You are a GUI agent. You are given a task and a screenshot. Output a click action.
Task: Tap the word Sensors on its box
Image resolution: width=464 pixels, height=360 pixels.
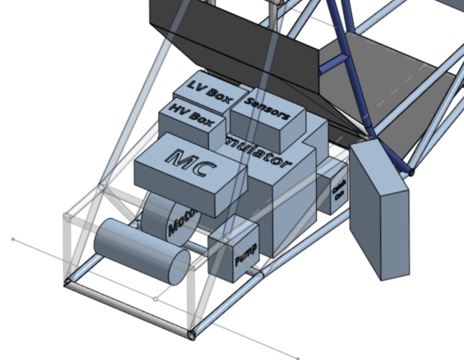point(267,108)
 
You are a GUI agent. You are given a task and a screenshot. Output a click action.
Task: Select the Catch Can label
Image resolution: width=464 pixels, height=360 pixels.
point(339,191)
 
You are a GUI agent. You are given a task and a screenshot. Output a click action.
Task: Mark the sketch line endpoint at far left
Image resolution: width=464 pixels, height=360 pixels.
point(13,239)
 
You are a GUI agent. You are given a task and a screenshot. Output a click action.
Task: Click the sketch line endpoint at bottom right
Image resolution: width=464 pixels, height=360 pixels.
point(298,358)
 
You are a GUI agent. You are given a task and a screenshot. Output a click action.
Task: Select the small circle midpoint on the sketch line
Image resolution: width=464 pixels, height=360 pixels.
point(156,299)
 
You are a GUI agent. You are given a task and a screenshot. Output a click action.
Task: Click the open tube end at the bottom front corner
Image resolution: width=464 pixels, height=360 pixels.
point(192,335)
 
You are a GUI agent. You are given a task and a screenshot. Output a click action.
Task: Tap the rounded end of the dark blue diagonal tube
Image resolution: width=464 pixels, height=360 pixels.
point(411,172)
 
